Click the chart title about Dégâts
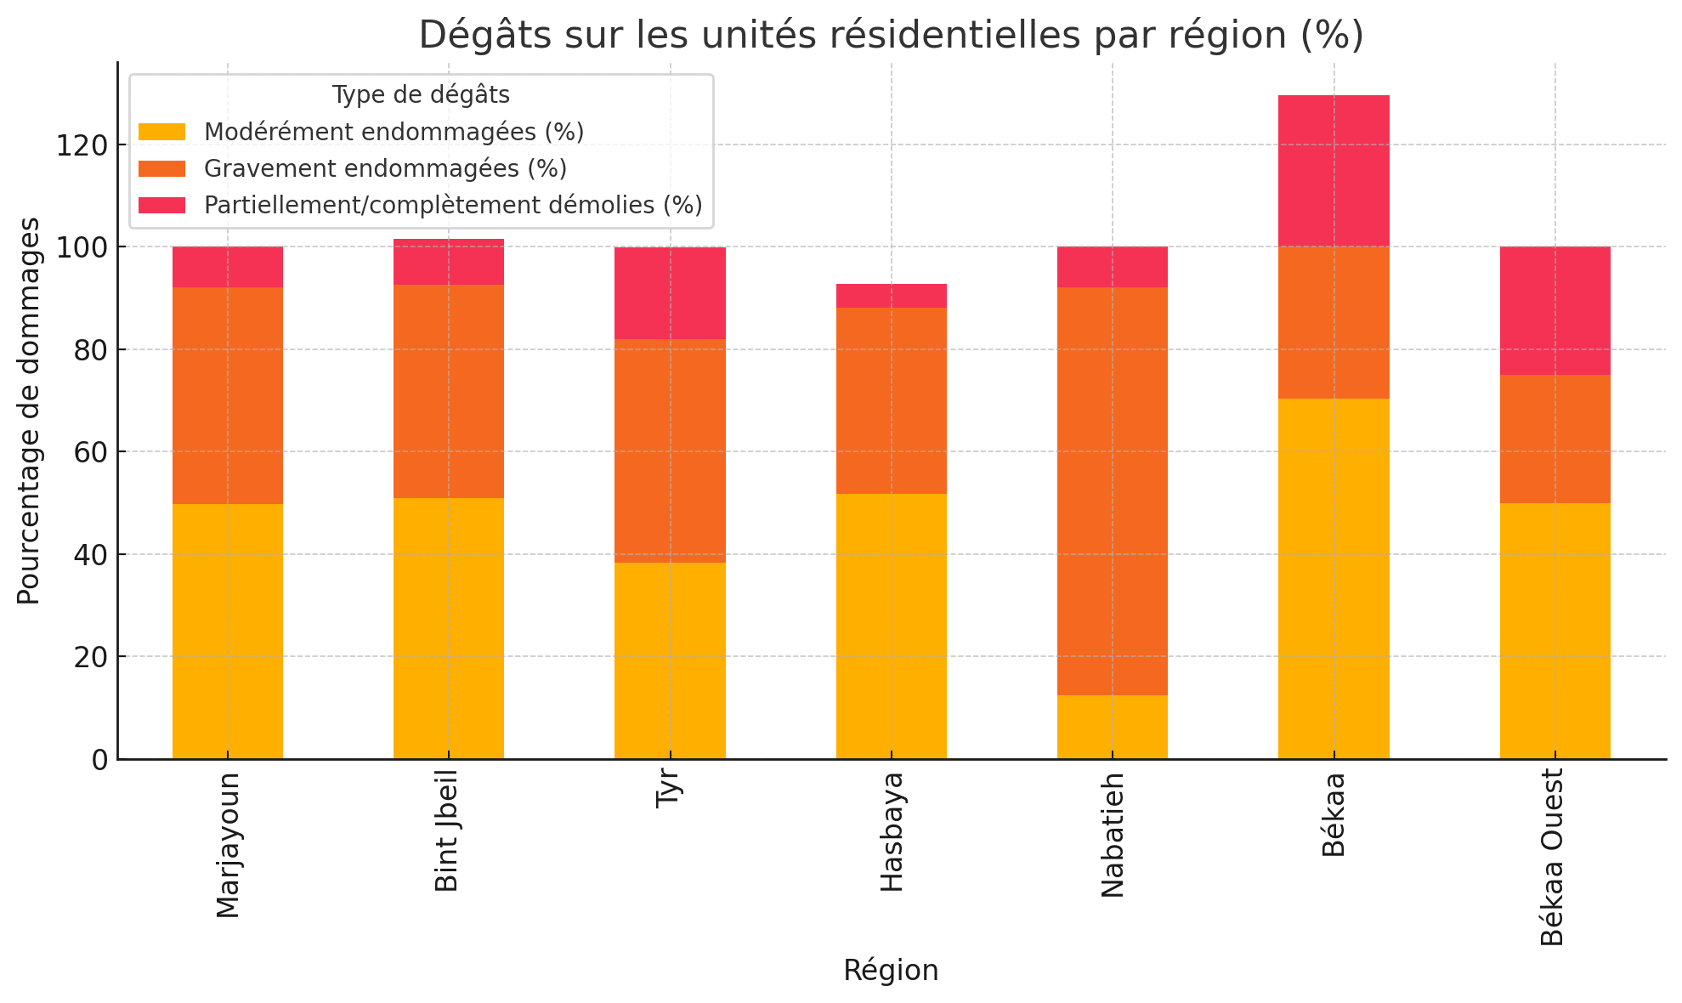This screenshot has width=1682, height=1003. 891,36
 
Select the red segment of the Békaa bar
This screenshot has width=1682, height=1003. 1334,170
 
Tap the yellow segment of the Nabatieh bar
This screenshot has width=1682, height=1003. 1112,727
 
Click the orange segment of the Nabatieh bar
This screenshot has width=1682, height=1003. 1112,491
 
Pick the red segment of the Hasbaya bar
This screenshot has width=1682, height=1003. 891,296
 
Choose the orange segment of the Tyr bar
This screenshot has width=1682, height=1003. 670,450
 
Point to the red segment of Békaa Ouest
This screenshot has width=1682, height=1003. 1555,310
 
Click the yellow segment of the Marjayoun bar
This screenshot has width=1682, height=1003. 227,631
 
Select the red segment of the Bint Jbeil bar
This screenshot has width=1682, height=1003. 448,262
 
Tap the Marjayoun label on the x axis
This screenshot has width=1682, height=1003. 228,845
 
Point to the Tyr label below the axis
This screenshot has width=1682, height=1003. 670,790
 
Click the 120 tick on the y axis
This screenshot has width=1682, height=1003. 83,145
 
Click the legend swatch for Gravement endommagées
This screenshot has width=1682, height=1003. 161,168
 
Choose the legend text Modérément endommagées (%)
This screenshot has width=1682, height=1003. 394,132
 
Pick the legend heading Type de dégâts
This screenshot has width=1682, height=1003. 421,94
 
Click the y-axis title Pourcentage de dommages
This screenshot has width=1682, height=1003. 29,411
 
